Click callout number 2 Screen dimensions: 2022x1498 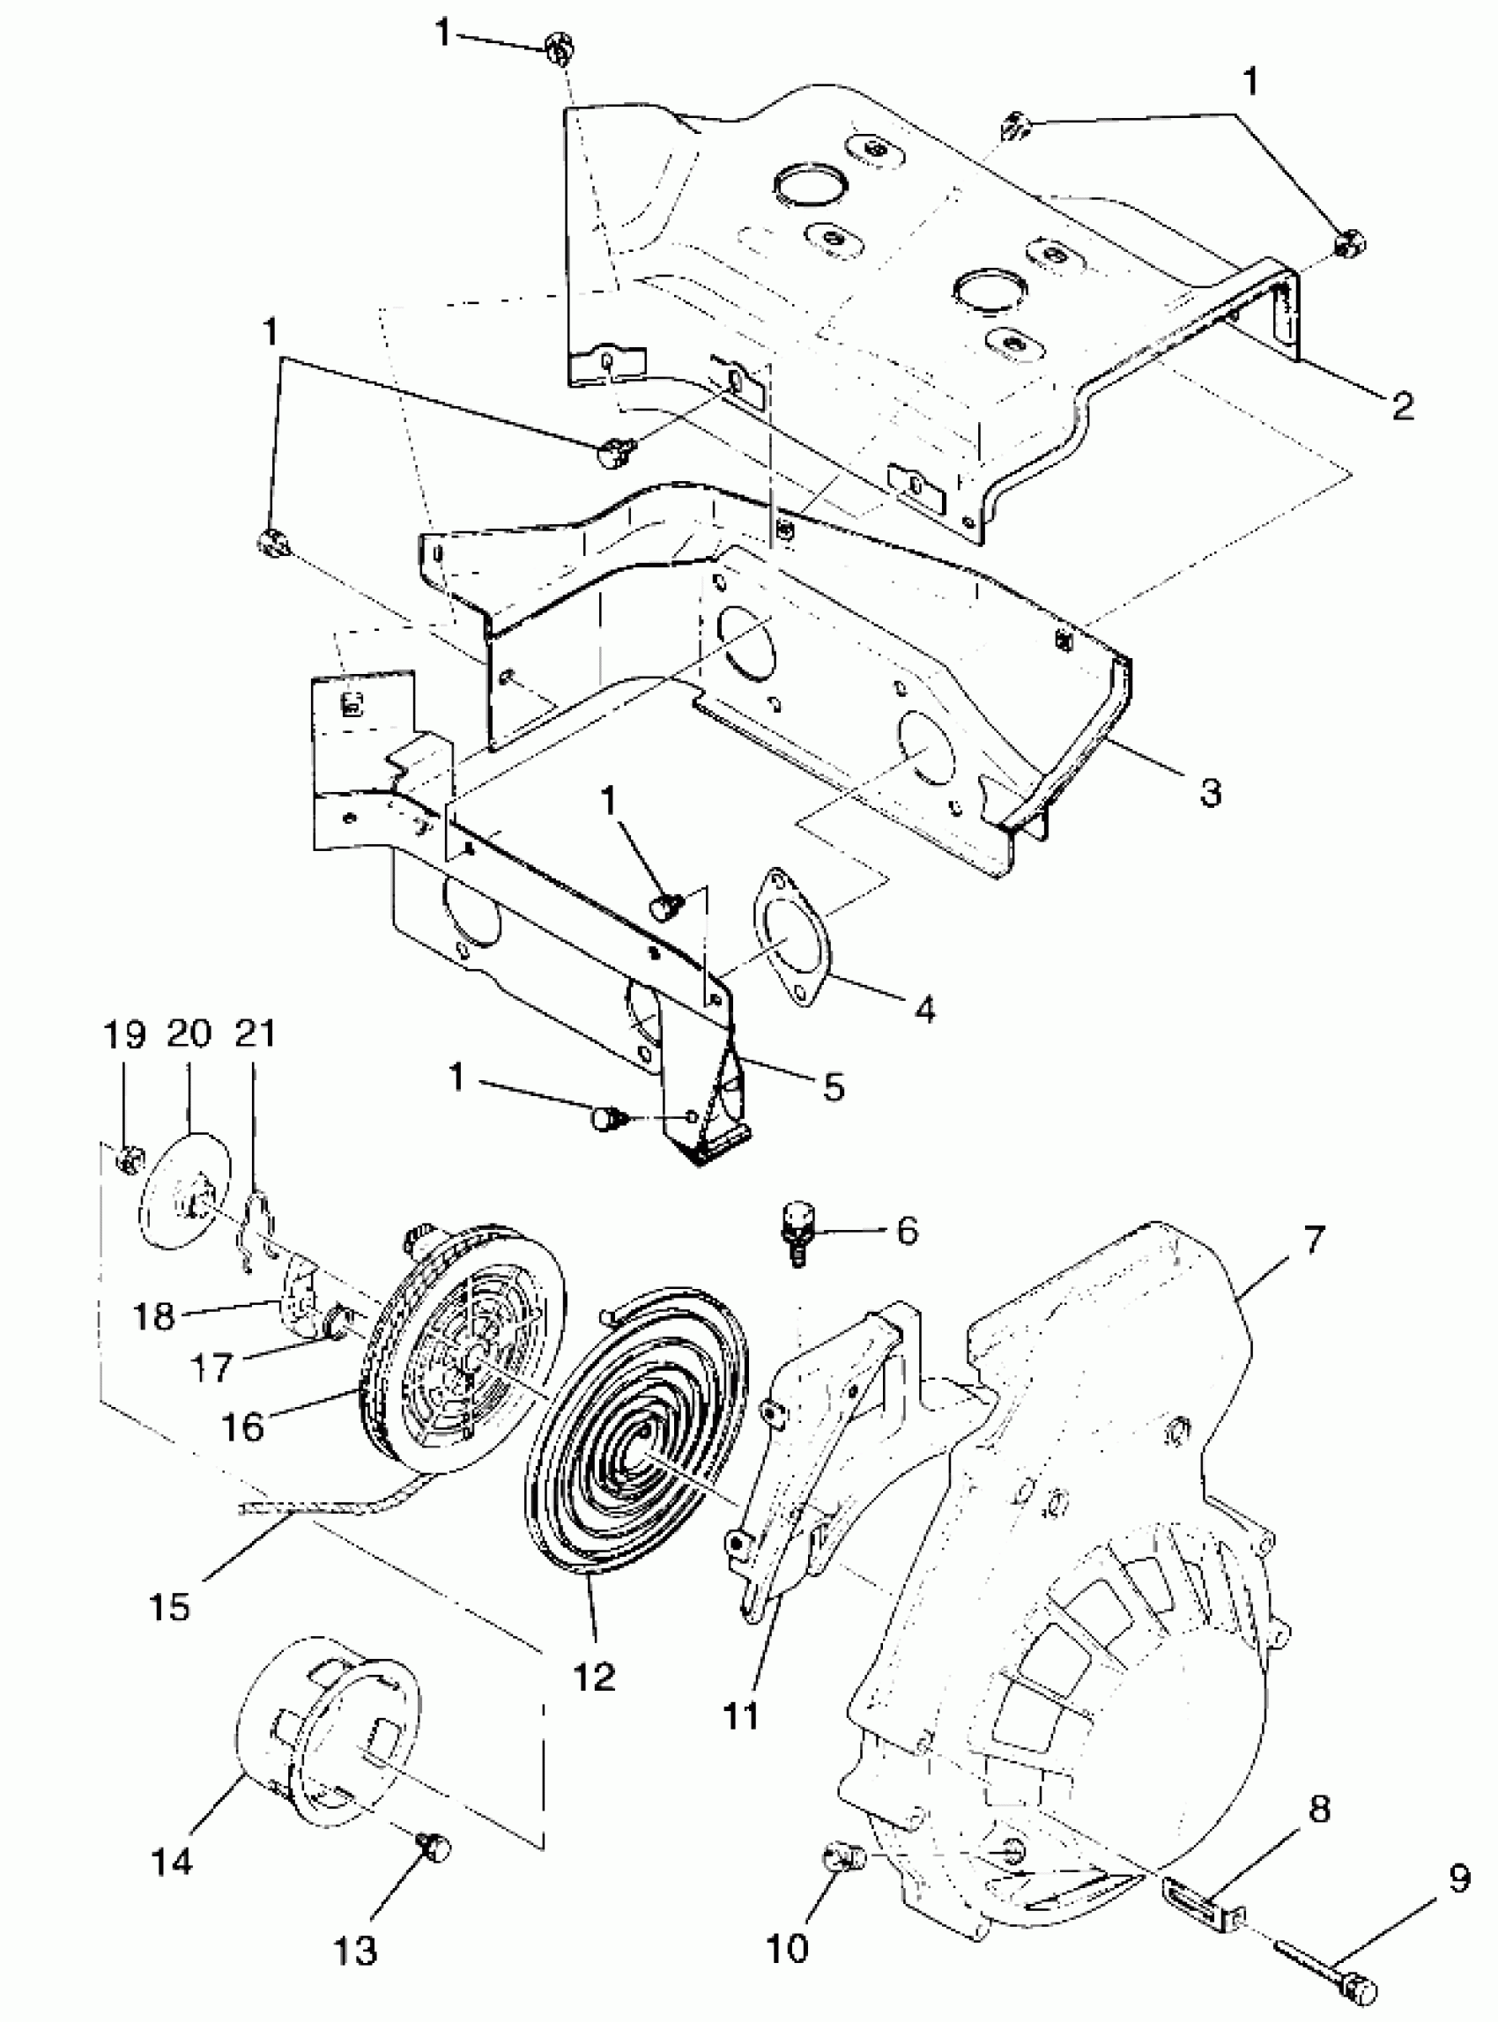point(1402,405)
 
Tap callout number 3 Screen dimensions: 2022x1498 point(1211,790)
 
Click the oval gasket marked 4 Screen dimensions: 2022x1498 point(786,938)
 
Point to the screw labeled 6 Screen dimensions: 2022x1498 point(797,1230)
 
